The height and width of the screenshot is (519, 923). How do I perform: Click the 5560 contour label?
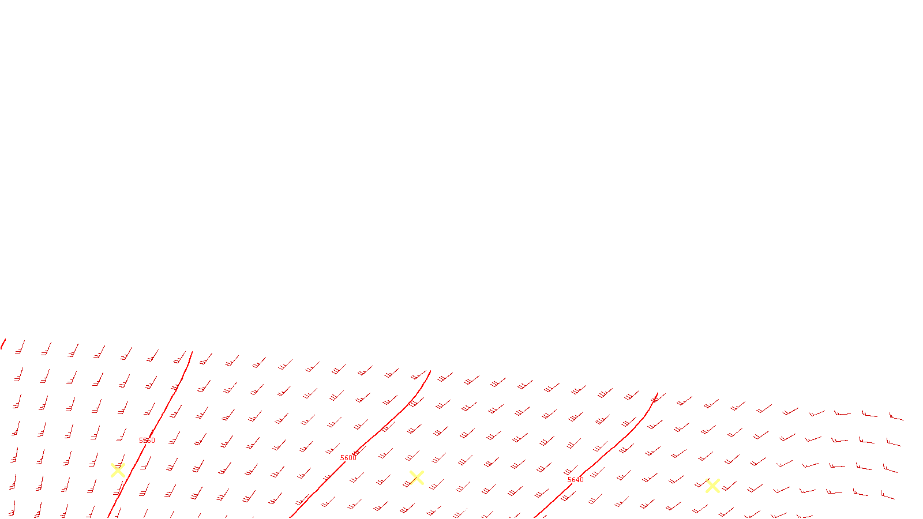(147, 441)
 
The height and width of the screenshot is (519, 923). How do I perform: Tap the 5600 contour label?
(348, 458)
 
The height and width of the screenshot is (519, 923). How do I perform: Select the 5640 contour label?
(576, 480)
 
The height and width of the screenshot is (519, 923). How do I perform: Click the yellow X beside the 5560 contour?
(118, 471)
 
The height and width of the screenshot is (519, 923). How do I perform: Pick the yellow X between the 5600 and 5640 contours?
(417, 477)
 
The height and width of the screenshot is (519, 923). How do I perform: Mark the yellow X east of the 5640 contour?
(712, 486)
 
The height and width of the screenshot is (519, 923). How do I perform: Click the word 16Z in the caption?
(425, 510)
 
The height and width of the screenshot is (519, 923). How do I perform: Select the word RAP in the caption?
(441, 510)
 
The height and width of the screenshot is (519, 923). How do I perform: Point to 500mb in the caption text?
(461, 510)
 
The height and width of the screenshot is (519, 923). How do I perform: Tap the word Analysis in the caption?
(492, 510)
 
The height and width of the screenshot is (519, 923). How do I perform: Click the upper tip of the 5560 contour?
(192, 352)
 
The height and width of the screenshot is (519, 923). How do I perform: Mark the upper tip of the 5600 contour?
(430, 371)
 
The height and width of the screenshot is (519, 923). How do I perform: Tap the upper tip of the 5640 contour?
(658, 393)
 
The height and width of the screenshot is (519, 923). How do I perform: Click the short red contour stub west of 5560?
(3, 344)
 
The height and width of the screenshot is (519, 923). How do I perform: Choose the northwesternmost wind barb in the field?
(21, 347)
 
